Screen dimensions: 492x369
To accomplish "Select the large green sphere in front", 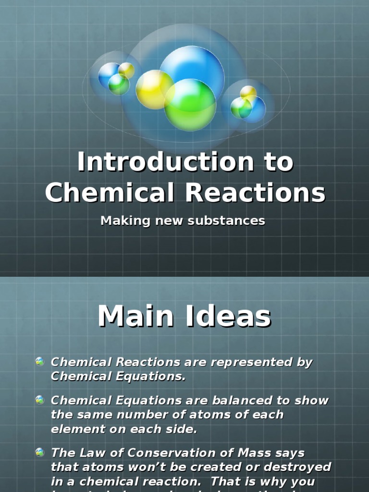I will [x=190, y=105].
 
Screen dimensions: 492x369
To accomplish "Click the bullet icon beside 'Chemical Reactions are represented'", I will [x=40, y=362].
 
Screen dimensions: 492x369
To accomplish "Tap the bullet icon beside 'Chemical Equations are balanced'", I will [x=40, y=400].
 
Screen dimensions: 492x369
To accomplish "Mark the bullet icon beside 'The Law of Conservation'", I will [x=40, y=452].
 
